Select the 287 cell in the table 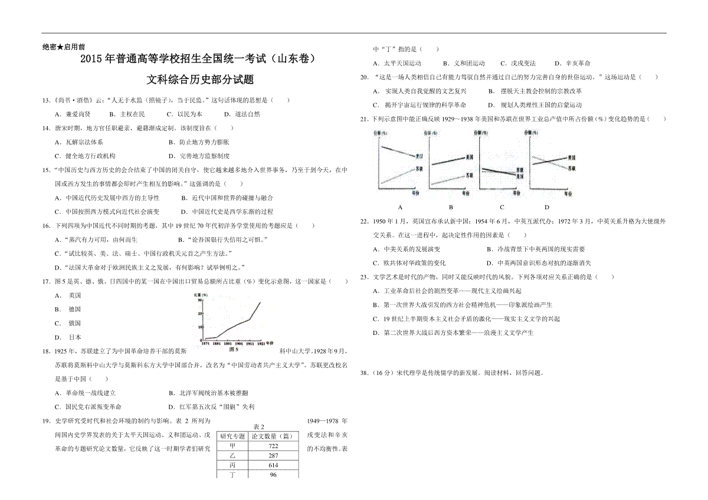273,456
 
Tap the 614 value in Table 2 273,465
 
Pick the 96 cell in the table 273,475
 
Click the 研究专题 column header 232,436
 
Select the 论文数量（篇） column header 273,436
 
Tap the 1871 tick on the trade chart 203,343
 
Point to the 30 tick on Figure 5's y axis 199,300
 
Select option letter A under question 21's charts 400,207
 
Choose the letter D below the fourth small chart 547,207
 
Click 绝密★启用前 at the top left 64,46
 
